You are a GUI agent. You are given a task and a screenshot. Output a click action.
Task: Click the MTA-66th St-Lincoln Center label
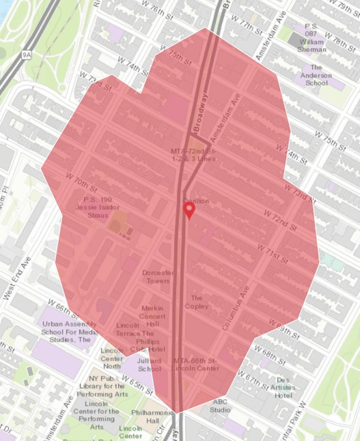click(196, 364)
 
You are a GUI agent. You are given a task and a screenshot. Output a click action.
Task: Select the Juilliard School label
click(150, 364)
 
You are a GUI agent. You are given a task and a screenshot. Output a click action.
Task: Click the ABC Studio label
click(220, 406)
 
